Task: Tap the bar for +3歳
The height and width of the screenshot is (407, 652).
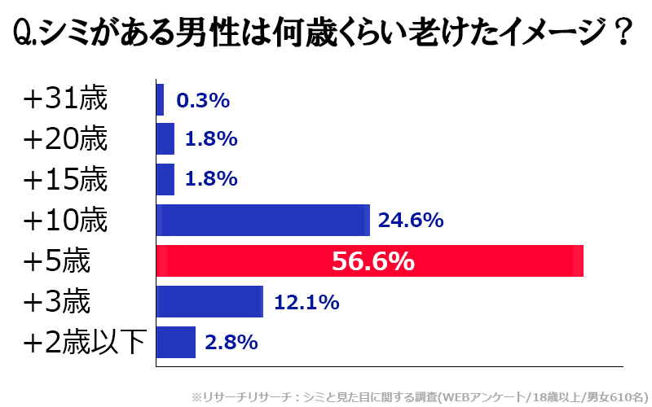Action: point(209,302)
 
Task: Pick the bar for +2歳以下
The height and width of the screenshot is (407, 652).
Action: point(176,342)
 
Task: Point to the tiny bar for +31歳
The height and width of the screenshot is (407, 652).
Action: point(160,100)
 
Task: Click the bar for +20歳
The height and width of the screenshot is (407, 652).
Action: point(165,139)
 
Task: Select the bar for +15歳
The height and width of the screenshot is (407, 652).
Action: point(165,179)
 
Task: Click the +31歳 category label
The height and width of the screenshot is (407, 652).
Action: point(65,99)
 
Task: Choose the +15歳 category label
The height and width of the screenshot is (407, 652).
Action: point(65,180)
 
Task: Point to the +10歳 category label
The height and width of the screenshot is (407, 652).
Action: point(65,221)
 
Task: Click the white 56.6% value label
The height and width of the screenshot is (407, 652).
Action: point(373,261)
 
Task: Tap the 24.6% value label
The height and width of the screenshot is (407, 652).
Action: point(411,221)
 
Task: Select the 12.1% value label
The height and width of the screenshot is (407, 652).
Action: point(306,302)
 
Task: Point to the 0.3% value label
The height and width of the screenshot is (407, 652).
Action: point(203,100)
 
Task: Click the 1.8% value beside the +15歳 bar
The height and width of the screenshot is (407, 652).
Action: point(210,179)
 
